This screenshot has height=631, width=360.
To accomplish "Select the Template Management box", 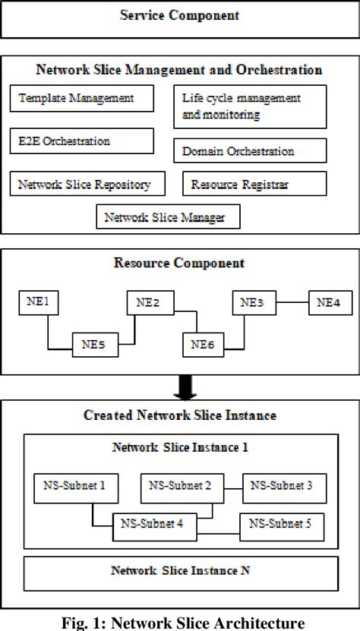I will [x=81, y=98].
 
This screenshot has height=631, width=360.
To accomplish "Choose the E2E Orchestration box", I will [x=81, y=140].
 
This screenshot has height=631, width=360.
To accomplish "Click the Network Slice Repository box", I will [x=90, y=184].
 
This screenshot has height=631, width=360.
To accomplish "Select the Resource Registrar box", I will [x=254, y=184].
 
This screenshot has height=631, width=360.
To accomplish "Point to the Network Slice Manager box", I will [x=167, y=217].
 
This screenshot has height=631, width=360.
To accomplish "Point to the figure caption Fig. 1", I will [x=179, y=623].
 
